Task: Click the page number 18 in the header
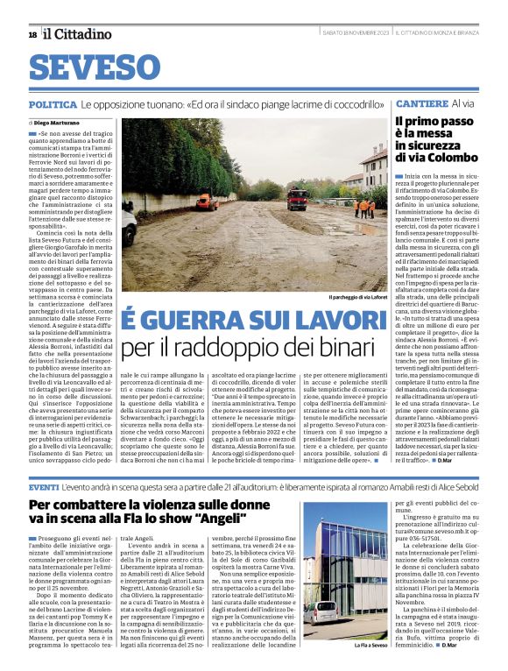tap(32, 34)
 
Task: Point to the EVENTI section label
tap(44, 486)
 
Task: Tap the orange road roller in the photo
tap(207, 201)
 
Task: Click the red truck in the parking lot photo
tap(298, 198)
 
